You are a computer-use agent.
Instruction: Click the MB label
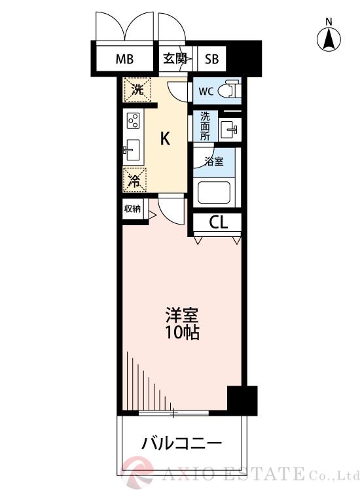tap(125, 59)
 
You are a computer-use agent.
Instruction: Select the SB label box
tap(211, 59)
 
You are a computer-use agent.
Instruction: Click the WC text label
tap(206, 91)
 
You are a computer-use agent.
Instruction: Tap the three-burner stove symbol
tap(134, 122)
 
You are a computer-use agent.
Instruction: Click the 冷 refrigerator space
tap(134, 180)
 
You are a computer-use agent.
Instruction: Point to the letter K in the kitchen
tap(166, 138)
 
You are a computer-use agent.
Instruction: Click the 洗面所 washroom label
tap(205, 126)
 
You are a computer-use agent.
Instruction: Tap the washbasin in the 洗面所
tap(228, 128)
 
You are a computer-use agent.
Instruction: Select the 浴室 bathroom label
tap(214, 161)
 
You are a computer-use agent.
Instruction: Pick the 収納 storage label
tap(132, 209)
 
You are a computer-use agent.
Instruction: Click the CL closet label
tap(218, 222)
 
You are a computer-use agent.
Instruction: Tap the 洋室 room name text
tap(181, 314)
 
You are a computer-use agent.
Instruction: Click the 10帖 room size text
tap(181, 332)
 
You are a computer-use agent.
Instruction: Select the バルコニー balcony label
tap(182, 443)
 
